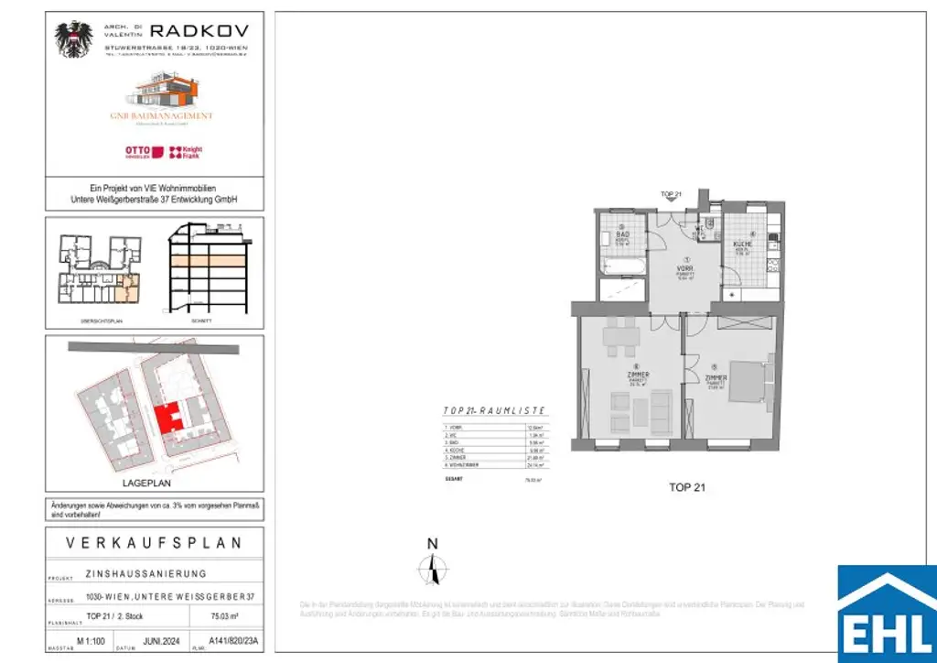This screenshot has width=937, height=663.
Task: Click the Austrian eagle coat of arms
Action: coord(74,40)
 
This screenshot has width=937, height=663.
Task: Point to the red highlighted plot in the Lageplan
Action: coord(167,418)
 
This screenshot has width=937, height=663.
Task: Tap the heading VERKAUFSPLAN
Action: coord(155,543)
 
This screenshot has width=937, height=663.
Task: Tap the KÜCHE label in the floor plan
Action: coord(742,245)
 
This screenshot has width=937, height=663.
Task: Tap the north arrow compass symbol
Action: coord(433,570)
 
